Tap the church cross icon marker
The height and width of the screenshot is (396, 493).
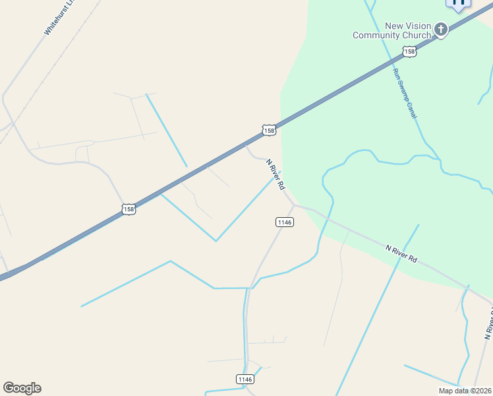pos(440,29)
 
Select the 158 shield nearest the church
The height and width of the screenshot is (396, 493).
pos(409,51)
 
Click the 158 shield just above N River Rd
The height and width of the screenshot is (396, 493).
pos(268,130)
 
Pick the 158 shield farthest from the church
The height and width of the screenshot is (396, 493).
pos(129,209)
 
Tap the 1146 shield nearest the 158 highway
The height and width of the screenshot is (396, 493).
pos(284,222)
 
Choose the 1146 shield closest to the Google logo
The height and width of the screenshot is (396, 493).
pos(245,379)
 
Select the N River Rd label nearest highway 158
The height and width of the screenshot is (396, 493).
pos(275,174)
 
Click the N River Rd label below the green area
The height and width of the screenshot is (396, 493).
pos(401,253)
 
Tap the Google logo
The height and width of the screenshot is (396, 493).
pos(22,388)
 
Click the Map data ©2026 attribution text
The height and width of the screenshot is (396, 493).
pos(464,391)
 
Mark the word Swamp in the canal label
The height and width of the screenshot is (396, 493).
pos(405,92)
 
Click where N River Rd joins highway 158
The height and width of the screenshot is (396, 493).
pos(246,144)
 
